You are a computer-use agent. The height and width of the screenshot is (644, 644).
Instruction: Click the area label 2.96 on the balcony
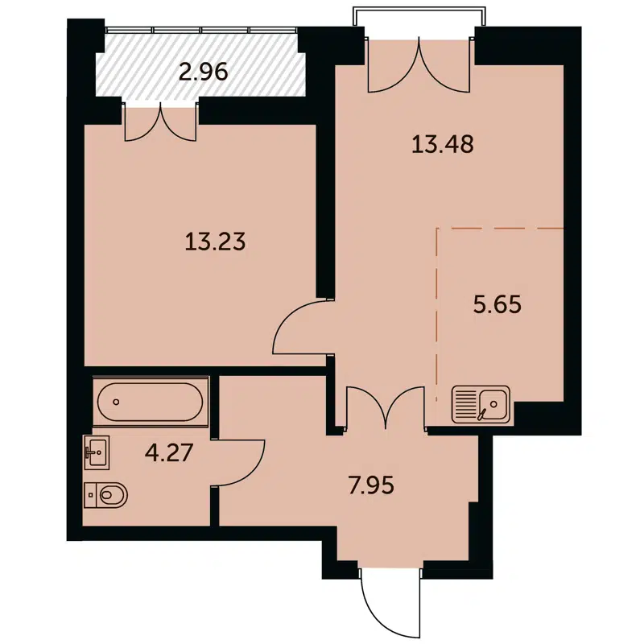click(x=203, y=72)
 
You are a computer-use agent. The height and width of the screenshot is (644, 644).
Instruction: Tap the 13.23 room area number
click(x=214, y=242)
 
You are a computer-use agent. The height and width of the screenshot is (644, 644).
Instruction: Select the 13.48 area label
click(x=442, y=145)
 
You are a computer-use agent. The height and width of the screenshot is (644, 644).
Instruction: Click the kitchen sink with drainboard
click(x=481, y=404)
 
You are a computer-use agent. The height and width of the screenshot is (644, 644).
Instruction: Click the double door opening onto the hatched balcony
click(x=161, y=121)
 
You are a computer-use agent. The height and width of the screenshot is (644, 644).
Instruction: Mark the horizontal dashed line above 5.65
click(x=499, y=229)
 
